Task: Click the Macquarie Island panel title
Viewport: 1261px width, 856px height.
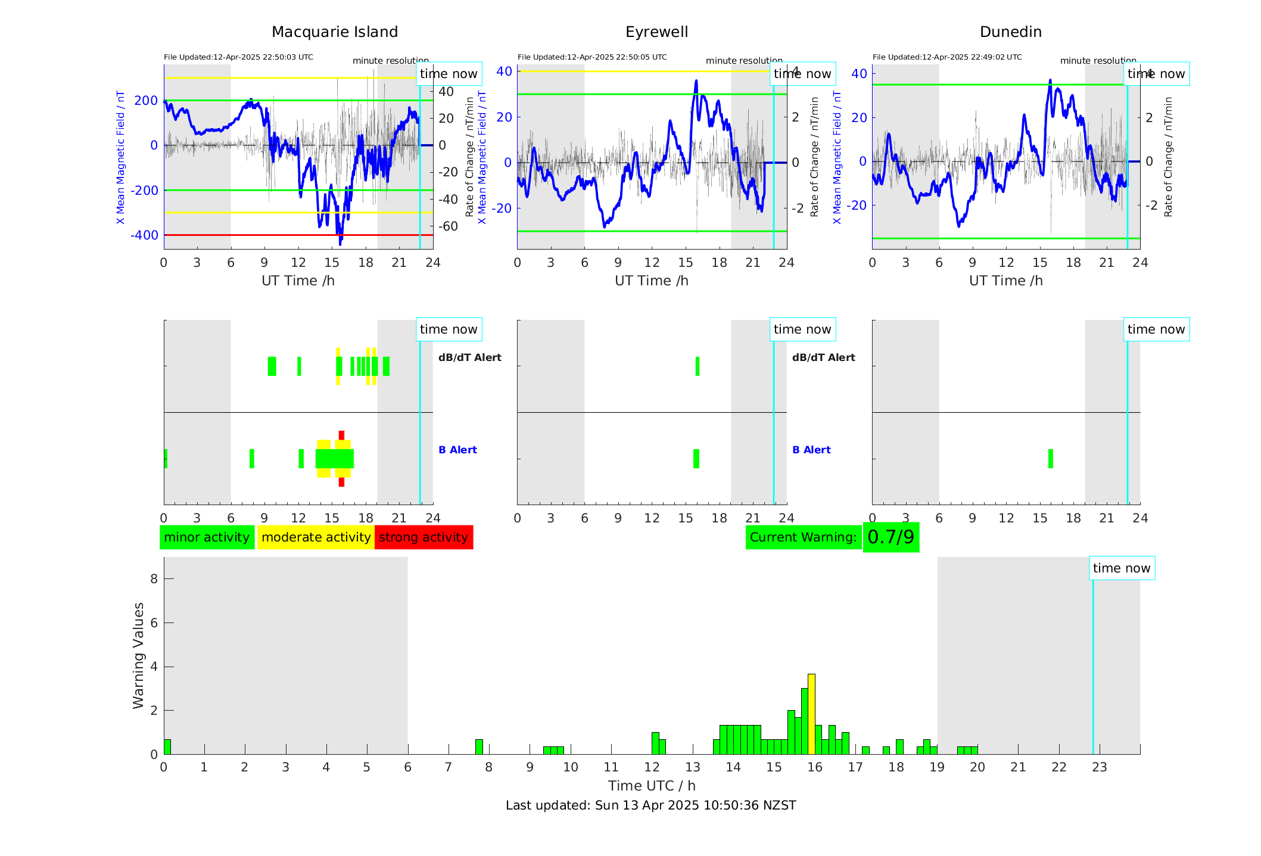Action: tap(335, 32)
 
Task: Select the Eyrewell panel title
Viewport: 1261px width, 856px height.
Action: tap(656, 32)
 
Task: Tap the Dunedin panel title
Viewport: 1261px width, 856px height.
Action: tap(1010, 32)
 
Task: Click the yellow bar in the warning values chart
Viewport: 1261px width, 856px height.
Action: tap(811, 714)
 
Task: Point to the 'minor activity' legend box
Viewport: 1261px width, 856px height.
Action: tap(207, 537)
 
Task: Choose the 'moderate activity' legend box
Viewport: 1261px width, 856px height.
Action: tap(316, 537)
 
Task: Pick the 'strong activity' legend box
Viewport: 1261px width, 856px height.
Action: tap(424, 537)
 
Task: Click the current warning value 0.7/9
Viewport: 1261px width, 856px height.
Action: tap(891, 537)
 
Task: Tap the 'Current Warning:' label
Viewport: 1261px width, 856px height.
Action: tap(803, 537)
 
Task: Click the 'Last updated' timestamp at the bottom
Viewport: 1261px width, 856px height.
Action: tap(650, 805)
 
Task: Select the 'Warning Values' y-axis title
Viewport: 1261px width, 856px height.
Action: tap(139, 655)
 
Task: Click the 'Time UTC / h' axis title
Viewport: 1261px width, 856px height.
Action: tap(652, 786)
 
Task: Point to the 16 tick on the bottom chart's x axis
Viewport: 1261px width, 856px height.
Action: tap(814, 767)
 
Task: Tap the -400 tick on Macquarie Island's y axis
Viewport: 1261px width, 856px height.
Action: tap(145, 235)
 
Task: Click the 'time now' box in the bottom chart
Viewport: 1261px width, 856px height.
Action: tap(1122, 568)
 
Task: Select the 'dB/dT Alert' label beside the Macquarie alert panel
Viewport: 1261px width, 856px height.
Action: tap(469, 357)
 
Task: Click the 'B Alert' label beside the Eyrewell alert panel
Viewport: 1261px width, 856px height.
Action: tap(811, 450)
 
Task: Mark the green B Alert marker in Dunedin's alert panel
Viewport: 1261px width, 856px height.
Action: tap(1050, 459)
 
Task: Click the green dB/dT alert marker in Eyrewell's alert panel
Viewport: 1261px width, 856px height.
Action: tap(698, 366)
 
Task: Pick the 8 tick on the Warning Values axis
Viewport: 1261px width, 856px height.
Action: tap(154, 579)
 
